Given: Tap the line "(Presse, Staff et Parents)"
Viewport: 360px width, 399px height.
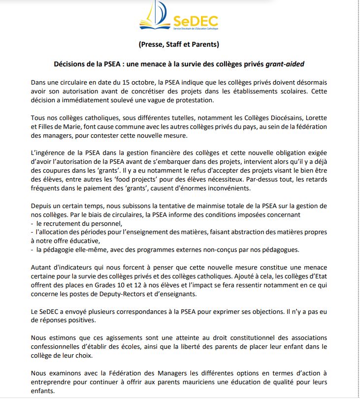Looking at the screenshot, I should [x=179, y=45].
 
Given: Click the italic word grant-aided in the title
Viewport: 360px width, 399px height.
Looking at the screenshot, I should [x=286, y=64].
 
